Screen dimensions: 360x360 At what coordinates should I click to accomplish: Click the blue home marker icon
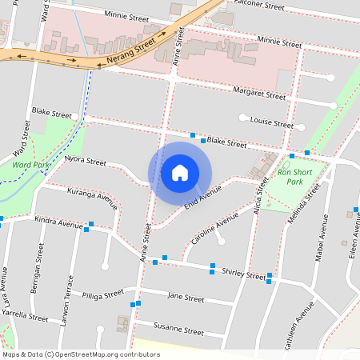click(180, 172)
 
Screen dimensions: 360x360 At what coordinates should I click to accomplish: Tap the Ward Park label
click(31, 166)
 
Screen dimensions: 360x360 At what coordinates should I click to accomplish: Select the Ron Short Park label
click(295, 177)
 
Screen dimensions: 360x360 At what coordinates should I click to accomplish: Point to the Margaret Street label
click(254, 94)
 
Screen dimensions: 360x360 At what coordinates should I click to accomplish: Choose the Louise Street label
click(271, 123)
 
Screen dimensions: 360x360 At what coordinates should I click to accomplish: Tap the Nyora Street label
click(85, 161)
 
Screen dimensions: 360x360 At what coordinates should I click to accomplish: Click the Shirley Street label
click(244, 274)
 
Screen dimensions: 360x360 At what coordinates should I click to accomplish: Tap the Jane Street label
click(185, 297)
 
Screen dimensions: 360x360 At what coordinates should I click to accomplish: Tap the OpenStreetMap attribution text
click(81, 354)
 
